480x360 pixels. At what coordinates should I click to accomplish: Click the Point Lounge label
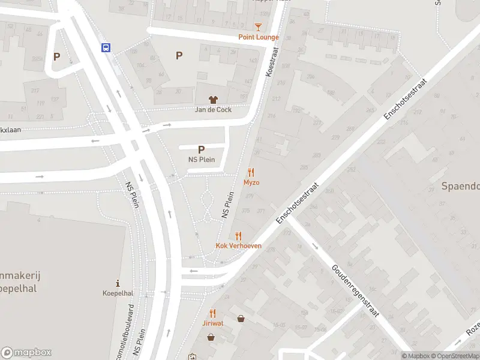click(259, 37)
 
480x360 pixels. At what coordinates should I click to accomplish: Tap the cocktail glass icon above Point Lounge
click(259, 27)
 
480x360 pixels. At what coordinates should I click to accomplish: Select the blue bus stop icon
click(106, 48)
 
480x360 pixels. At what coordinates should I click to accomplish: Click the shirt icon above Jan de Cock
click(213, 100)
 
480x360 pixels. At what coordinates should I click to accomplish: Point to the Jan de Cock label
click(213, 110)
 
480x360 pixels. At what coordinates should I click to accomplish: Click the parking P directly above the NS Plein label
click(201, 149)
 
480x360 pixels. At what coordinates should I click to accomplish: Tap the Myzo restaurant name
click(251, 182)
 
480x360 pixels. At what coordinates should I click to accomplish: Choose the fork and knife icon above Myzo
click(251, 172)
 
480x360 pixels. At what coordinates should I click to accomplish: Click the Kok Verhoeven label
click(239, 246)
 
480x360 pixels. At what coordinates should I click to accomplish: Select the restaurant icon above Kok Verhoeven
click(239, 236)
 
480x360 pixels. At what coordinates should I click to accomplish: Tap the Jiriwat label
click(213, 323)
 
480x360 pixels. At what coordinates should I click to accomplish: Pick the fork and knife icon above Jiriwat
click(213, 313)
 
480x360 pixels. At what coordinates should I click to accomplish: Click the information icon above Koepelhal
click(118, 283)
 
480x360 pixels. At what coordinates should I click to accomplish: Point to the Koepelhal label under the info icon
click(118, 293)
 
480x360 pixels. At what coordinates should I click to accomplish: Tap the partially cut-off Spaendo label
click(461, 186)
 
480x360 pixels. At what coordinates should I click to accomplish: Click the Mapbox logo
click(26, 353)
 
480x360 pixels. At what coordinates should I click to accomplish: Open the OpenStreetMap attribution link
click(454, 356)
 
